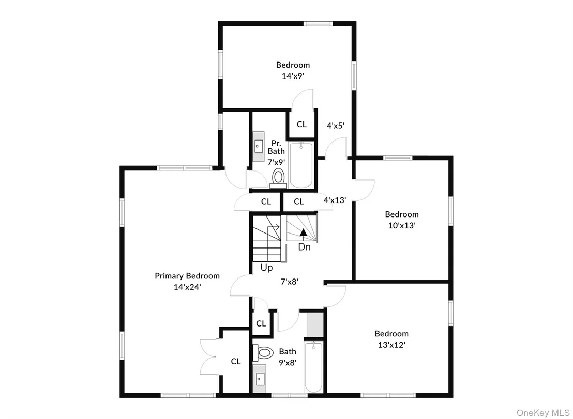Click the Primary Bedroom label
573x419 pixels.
[187, 276]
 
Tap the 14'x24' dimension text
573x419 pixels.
[187, 287]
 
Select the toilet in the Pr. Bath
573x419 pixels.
[278, 178]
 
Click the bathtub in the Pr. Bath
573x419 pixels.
[301, 165]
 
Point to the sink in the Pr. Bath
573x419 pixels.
[259, 146]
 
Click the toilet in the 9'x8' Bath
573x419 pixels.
[263, 353]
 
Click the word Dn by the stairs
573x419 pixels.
[304, 247]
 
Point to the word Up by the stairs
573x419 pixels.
[266, 268]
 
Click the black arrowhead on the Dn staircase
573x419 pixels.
[304, 231]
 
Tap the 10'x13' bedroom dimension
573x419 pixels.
[402, 226]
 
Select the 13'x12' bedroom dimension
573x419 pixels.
[391, 345]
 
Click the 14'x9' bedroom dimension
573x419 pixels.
[293, 76]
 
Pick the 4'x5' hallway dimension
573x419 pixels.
[336, 126]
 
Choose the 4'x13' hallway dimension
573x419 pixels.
[335, 200]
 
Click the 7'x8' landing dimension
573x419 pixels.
[290, 282]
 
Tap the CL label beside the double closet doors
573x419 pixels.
[236, 361]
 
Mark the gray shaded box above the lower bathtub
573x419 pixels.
[315, 325]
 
